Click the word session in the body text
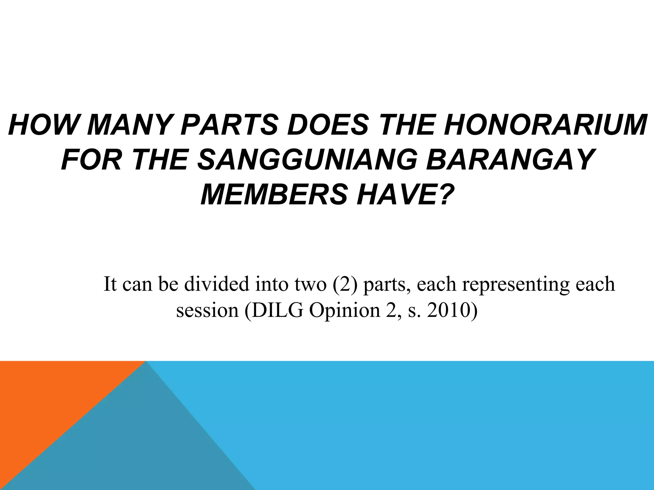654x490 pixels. (x=207, y=311)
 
